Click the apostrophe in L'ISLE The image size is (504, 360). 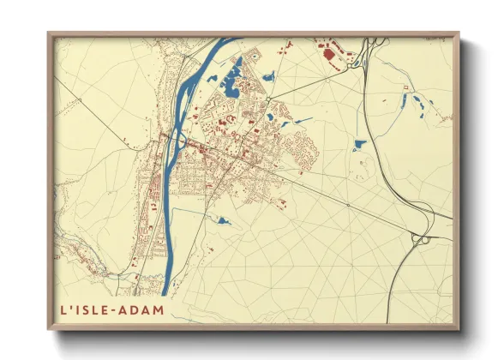[x=69, y=306]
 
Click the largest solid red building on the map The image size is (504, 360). [x=329, y=57]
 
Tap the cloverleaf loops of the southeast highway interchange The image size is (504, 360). [x=423, y=241]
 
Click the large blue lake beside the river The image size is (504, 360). [x=231, y=84]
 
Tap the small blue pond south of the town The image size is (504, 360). [x=223, y=221]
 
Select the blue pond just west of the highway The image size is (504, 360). [x=358, y=145]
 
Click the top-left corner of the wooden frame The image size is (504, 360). [x=49, y=33]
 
